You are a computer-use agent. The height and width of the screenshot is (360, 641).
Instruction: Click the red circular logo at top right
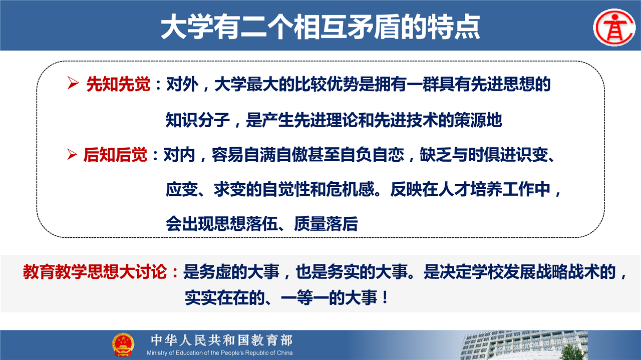click(x=614, y=28)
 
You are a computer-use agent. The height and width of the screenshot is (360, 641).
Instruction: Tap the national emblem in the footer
click(x=123, y=344)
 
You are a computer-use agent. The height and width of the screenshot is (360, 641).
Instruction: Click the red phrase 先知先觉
click(x=118, y=84)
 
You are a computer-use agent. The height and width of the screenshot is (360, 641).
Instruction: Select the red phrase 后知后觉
click(x=115, y=155)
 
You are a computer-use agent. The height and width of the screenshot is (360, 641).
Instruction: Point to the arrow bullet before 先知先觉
click(x=73, y=83)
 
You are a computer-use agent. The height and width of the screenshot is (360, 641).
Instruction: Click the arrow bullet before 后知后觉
click(x=72, y=154)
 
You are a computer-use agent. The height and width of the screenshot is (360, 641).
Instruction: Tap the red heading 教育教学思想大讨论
click(x=95, y=271)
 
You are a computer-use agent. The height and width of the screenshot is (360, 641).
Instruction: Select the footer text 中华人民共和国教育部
click(x=222, y=340)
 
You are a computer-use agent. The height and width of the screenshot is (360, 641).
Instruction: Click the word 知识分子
click(x=198, y=120)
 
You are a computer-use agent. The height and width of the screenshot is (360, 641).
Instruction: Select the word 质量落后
click(x=326, y=223)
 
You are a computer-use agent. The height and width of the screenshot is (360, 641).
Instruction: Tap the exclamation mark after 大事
click(x=385, y=297)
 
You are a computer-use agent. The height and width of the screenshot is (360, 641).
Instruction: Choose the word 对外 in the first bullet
click(x=182, y=84)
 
